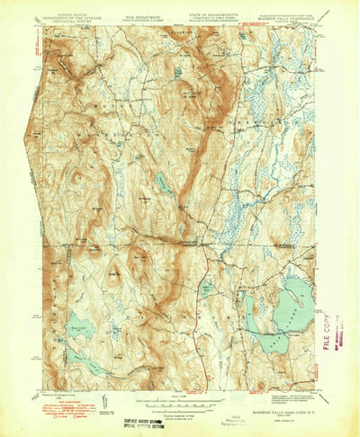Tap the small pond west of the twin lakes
[206, 290]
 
